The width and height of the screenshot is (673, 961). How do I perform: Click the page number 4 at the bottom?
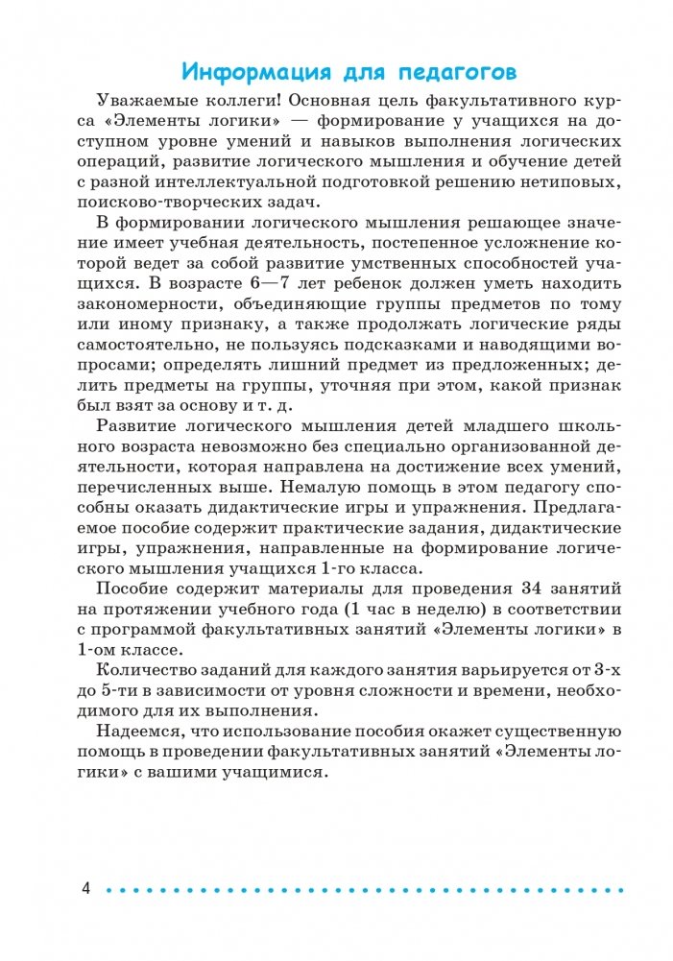coord(86,889)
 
